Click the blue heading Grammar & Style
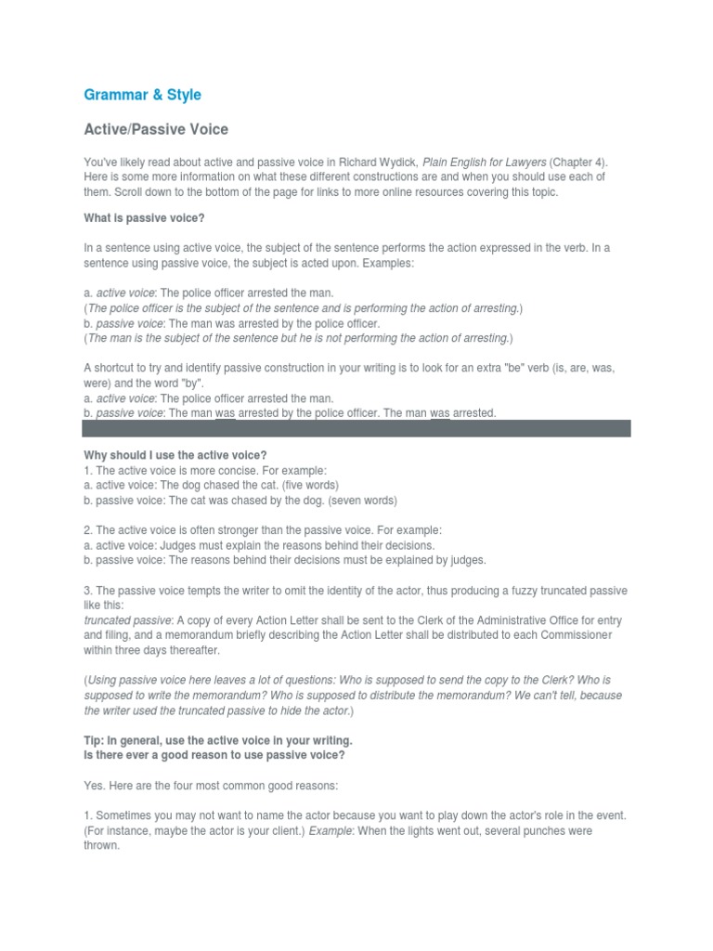click(142, 95)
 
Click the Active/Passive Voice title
click(156, 130)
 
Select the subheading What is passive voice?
click(144, 217)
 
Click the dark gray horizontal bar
click(356, 428)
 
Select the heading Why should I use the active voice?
click(175, 455)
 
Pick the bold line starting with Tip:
click(218, 741)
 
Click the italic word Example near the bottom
click(330, 831)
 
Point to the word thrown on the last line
click(101, 846)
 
